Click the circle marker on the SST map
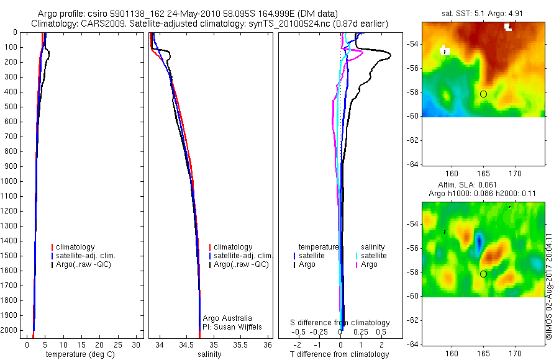483,94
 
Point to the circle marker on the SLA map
483,274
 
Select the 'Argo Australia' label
227,318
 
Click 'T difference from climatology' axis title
339,354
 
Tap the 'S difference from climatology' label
340,323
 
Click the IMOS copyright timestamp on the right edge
549,286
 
